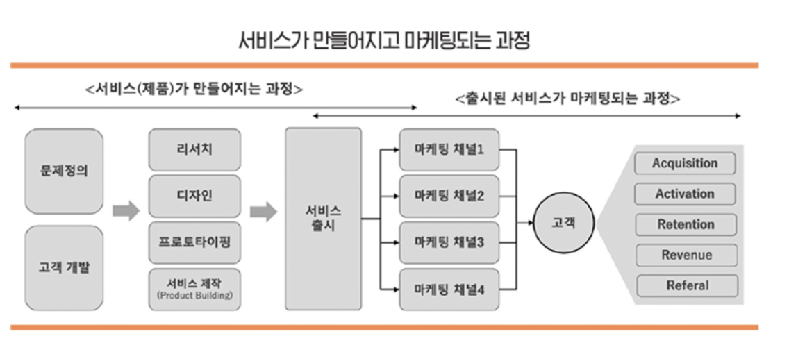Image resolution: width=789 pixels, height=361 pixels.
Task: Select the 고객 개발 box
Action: pyautogui.click(x=64, y=268)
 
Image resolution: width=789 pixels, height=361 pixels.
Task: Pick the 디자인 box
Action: pyautogui.click(x=194, y=196)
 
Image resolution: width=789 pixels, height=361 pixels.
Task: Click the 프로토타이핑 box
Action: pyautogui.click(x=194, y=242)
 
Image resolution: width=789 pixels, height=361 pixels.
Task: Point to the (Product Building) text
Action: pyautogui.click(x=194, y=296)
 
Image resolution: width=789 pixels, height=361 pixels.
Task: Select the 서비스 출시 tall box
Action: pyautogui.click(x=324, y=219)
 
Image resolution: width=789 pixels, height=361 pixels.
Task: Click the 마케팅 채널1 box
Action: pyautogui.click(x=449, y=149)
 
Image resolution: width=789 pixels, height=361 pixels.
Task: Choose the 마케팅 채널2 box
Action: pyautogui.click(x=449, y=196)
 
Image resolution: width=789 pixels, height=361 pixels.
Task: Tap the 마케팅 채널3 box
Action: pyautogui.click(x=449, y=242)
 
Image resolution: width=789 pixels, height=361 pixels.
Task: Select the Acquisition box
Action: pyautogui.click(x=685, y=164)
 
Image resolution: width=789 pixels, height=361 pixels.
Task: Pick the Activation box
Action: pyautogui.click(x=685, y=194)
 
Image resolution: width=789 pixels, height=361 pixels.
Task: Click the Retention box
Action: pyautogui.click(x=686, y=225)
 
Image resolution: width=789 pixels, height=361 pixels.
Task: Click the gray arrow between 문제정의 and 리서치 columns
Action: pyautogui.click(x=126, y=210)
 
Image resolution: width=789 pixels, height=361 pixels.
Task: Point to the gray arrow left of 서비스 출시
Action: pyautogui.click(x=263, y=211)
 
